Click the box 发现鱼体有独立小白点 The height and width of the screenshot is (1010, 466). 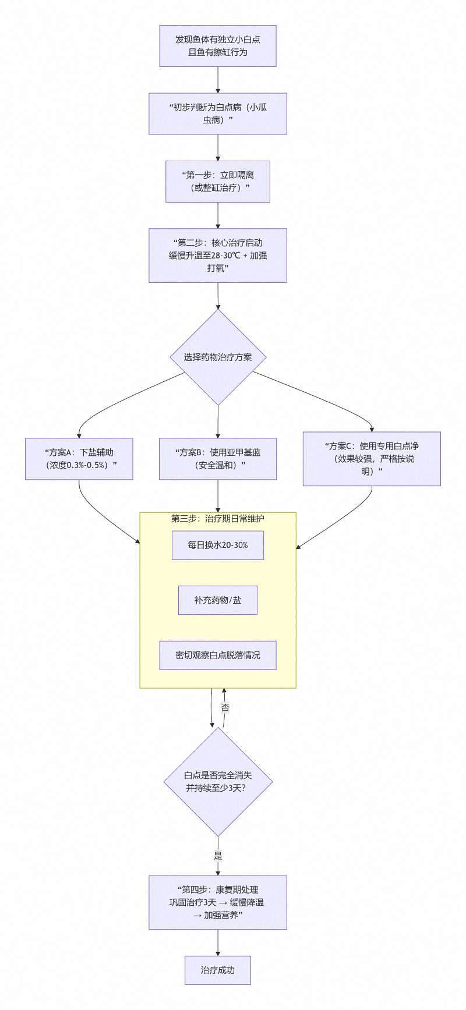(217, 46)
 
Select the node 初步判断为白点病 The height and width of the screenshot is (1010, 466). (217, 114)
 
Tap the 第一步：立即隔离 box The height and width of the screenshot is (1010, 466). (217, 181)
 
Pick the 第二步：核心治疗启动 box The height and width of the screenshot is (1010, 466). (217, 256)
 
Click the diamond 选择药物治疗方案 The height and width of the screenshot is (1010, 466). (218, 357)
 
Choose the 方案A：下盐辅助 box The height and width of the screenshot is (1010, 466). (79, 459)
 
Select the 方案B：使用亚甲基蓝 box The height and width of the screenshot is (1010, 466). (217, 459)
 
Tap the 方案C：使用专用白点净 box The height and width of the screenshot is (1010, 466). (372, 459)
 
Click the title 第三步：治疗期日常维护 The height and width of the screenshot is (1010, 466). (217, 518)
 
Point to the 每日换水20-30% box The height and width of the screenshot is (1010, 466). (217, 545)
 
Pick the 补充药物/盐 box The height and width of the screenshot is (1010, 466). (217, 600)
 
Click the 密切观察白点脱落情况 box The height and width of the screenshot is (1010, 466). (217, 655)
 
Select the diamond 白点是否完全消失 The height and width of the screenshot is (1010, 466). (218, 782)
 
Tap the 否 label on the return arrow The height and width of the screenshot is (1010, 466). (225, 708)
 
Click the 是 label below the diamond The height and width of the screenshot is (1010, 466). (218, 856)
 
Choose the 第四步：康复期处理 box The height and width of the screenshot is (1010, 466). (217, 902)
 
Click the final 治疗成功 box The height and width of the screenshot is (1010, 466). (217, 970)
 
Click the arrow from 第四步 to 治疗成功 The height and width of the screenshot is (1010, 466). (218, 942)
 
